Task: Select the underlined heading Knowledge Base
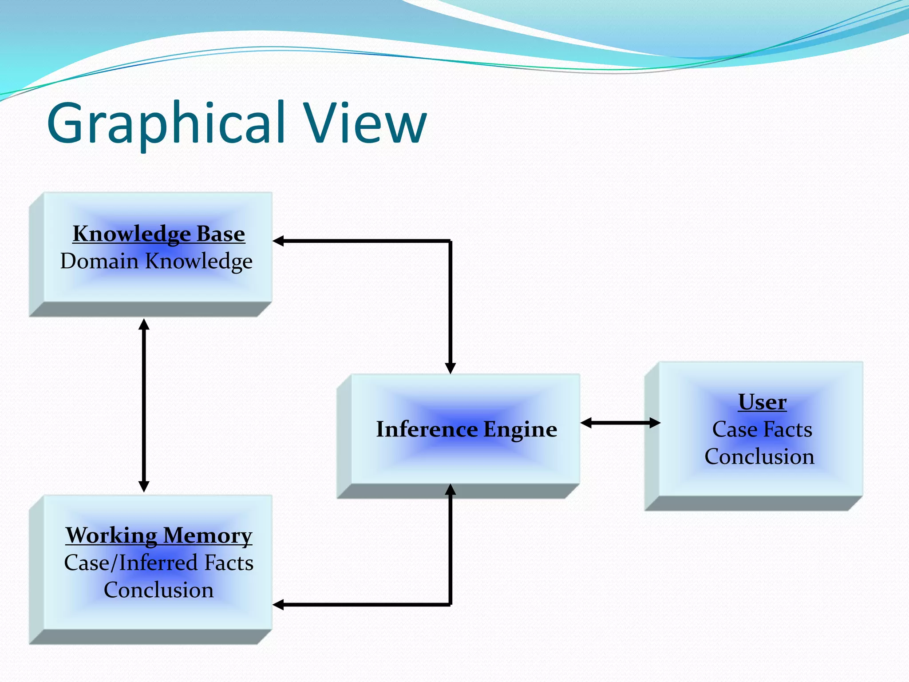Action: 158,234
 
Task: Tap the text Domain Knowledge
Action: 156,261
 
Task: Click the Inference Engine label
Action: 466,429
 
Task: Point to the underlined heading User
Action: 762,402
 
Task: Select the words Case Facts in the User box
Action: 762,429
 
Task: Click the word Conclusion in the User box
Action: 759,456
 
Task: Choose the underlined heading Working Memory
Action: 158,535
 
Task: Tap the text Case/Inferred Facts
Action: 158,563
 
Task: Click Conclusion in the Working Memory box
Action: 158,590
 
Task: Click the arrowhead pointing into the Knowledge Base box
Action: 279,241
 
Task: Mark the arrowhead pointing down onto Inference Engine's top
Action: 450,368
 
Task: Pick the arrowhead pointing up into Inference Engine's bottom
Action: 450,490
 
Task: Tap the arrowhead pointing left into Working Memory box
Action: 279,604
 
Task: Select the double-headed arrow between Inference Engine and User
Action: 620,423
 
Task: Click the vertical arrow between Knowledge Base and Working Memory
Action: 144,405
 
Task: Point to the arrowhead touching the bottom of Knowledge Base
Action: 144,325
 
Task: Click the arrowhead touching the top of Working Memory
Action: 144,486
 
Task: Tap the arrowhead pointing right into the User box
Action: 655,423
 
